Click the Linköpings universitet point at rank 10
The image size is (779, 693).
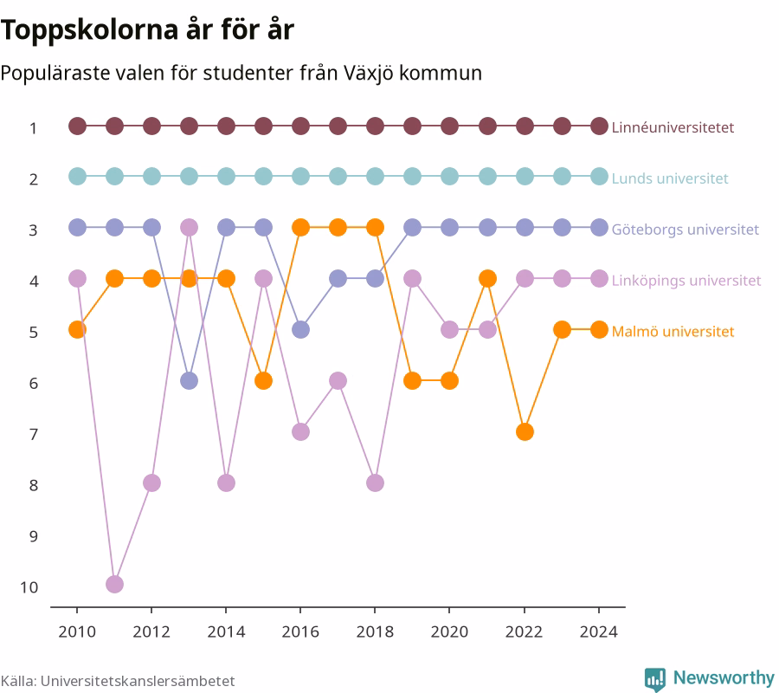click(x=114, y=584)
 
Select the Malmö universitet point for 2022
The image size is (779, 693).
click(x=525, y=432)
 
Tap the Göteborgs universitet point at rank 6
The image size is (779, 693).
click(x=189, y=381)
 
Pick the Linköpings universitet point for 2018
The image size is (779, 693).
click(x=375, y=483)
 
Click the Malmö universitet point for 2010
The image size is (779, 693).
click(x=77, y=329)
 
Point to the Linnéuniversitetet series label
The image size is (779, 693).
click(x=673, y=127)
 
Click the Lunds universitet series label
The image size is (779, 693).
click(x=670, y=178)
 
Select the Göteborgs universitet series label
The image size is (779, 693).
click(x=686, y=230)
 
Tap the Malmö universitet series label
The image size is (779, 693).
click(x=673, y=332)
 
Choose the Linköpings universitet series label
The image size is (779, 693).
click(x=686, y=281)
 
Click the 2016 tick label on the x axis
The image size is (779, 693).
click(x=300, y=631)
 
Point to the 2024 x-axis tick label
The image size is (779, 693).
click(x=599, y=631)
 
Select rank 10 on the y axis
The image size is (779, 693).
click(x=29, y=587)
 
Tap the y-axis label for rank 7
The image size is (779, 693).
click(x=33, y=435)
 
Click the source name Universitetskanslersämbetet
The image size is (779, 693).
click(x=138, y=681)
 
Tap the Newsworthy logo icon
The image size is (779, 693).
click(x=655, y=679)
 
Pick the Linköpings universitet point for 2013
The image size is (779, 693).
click(x=189, y=228)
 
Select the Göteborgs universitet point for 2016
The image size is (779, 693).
click(x=300, y=329)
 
